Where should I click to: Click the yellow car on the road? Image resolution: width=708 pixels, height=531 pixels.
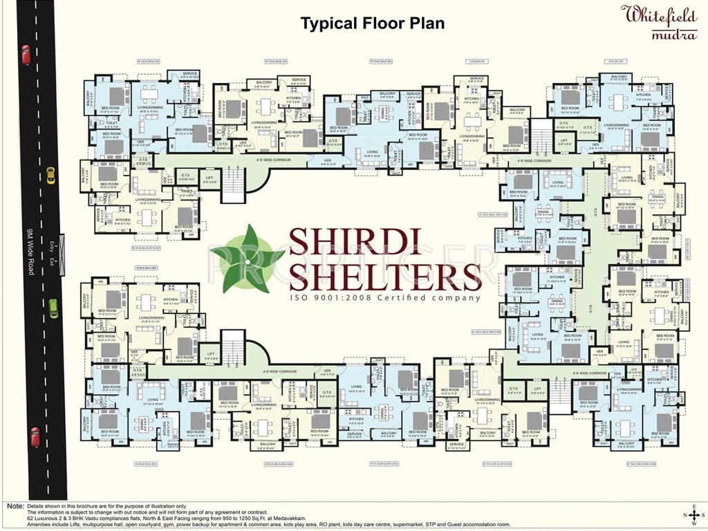[x=50, y=176]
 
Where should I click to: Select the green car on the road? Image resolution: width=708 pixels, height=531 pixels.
[x=53, y=308]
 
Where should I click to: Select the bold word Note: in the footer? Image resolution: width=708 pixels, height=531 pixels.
[x=13, y=505]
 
